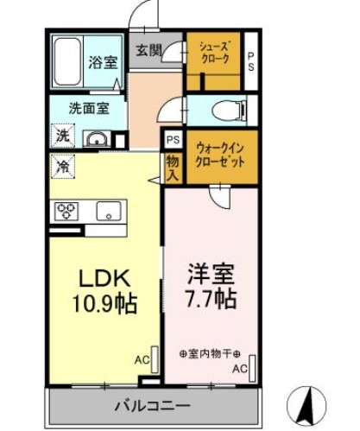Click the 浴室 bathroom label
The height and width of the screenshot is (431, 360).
(x=102, y=62)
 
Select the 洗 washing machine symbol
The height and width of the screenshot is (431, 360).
(x=63, y=136)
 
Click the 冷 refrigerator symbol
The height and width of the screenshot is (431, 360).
(x=63, y=166)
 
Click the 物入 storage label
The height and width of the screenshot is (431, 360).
(x=172, y=168)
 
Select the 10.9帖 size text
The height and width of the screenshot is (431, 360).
(x=105, y=305)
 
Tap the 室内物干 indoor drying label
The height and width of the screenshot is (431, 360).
(x=212, y=354)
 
